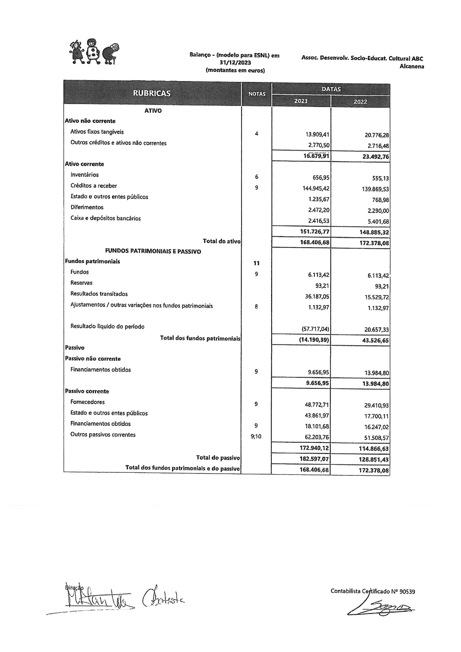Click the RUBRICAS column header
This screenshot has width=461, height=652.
click(x=152, y=93)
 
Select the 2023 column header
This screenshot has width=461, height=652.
click(x=301, y=101)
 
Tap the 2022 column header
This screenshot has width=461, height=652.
click(x=360, y=102)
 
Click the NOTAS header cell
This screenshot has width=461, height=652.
click(x=257, y=94)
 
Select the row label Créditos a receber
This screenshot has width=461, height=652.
click(x=94, y=186)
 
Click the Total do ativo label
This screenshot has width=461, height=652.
click(x=221, y=241)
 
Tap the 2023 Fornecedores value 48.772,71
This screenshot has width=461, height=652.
click(x=317, y=405)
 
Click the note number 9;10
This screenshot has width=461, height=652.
click(x=256, y=436)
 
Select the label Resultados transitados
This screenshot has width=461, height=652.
click(x=99, y=294)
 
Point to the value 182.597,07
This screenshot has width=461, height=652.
click(x=315, y=459)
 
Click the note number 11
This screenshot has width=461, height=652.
click(x=256, y=263)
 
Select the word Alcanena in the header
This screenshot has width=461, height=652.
click(x=412, y=66)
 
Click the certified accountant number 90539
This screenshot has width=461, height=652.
click(x=407, y=591)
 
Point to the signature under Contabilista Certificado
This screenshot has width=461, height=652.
click(x=380, y=608)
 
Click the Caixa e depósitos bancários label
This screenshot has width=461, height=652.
click(x=106, y=218)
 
